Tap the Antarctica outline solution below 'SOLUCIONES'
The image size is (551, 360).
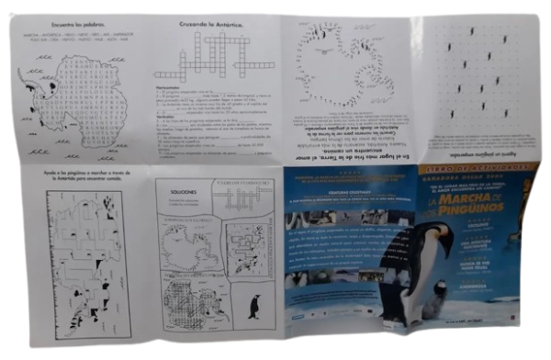188,242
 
